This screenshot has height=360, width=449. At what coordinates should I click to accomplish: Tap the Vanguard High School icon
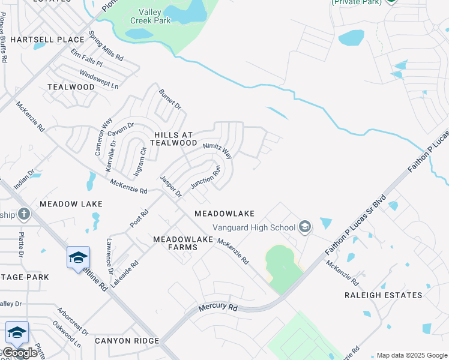tap(305, 227)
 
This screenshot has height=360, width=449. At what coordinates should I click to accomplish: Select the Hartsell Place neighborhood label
tap(47, 40)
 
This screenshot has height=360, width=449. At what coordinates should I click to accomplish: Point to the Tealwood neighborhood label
tap(71, 87)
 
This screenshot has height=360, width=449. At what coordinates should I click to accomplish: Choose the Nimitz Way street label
tap(217, 150)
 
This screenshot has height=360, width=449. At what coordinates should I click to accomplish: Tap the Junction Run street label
tap(206, 176)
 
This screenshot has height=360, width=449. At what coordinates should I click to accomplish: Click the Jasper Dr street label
tap(170, 187)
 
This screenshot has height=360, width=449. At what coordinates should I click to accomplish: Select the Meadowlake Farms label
tap(183, 243)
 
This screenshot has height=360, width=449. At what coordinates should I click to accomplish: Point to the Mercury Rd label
tap(218, 307)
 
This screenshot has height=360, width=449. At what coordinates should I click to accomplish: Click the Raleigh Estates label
tap(383, 295)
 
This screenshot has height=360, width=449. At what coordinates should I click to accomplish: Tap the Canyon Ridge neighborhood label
tap(127, 341)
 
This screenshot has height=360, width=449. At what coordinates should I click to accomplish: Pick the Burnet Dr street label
tap(170, 99)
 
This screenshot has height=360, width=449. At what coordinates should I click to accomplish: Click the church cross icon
tap(23, 214)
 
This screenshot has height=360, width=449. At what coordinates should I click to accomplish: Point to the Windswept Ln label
tap(98, 80)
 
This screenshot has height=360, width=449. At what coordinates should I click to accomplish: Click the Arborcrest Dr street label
tap(72, 322)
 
